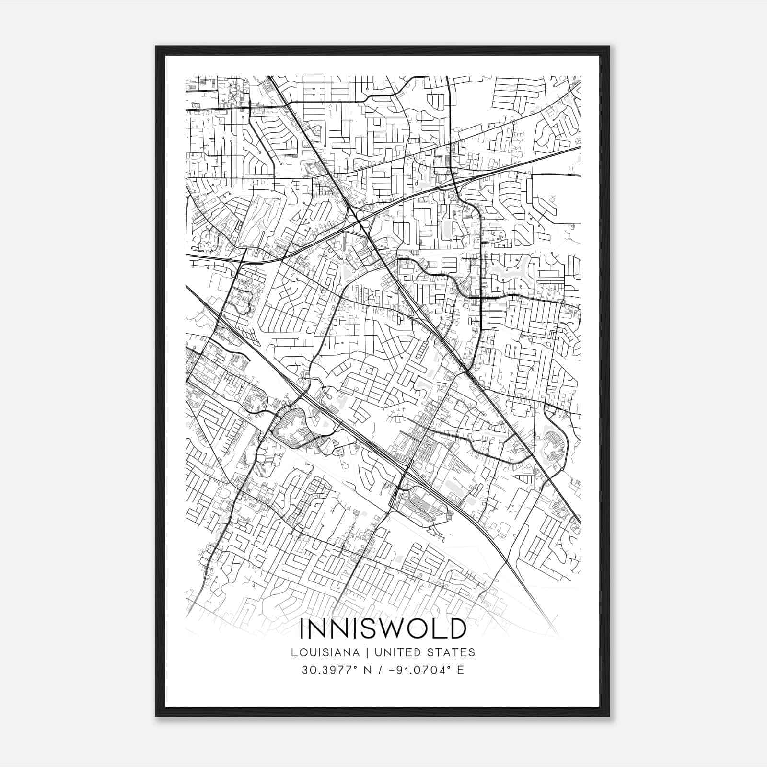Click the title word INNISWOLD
pyautogui.click(x=383, y=629)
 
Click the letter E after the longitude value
pyautogui.click(x=461, y=670)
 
